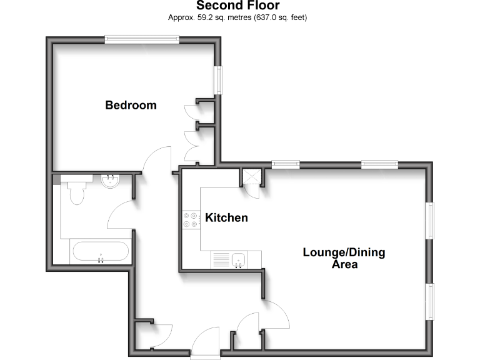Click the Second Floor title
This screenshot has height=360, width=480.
[237, 6]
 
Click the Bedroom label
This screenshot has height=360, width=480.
[131, 105]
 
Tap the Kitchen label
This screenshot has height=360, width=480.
[227, 218]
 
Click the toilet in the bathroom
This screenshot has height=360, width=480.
[77, 192]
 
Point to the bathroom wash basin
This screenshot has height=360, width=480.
[111, 182]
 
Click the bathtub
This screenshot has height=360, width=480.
[101, 253]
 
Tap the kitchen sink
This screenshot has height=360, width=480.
[238, 258]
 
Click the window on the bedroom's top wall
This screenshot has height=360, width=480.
[142, 39]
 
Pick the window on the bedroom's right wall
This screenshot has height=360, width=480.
[219, 80]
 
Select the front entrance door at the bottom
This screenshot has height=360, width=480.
[204, 344]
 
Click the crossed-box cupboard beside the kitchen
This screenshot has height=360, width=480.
[251, 177]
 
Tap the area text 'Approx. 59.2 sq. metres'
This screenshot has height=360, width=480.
[209, 17]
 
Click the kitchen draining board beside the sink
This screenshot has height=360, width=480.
[221, 258]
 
